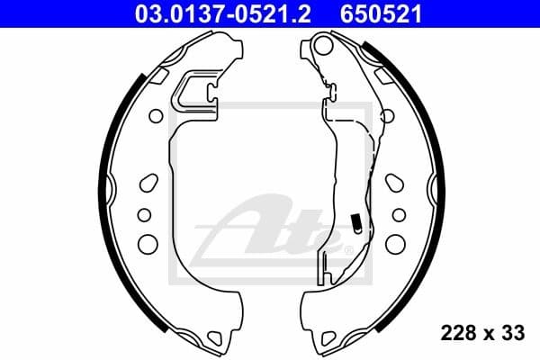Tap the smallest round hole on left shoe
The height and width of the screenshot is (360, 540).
pyautogui.click(x=144, y=213)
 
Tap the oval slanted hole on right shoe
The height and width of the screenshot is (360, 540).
pyautogui.click(x=394, y=183)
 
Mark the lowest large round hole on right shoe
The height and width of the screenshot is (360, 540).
pyautogui.click(x=395, y=243)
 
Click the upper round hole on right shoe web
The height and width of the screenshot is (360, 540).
pyautogui.click(x=386, y=116)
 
